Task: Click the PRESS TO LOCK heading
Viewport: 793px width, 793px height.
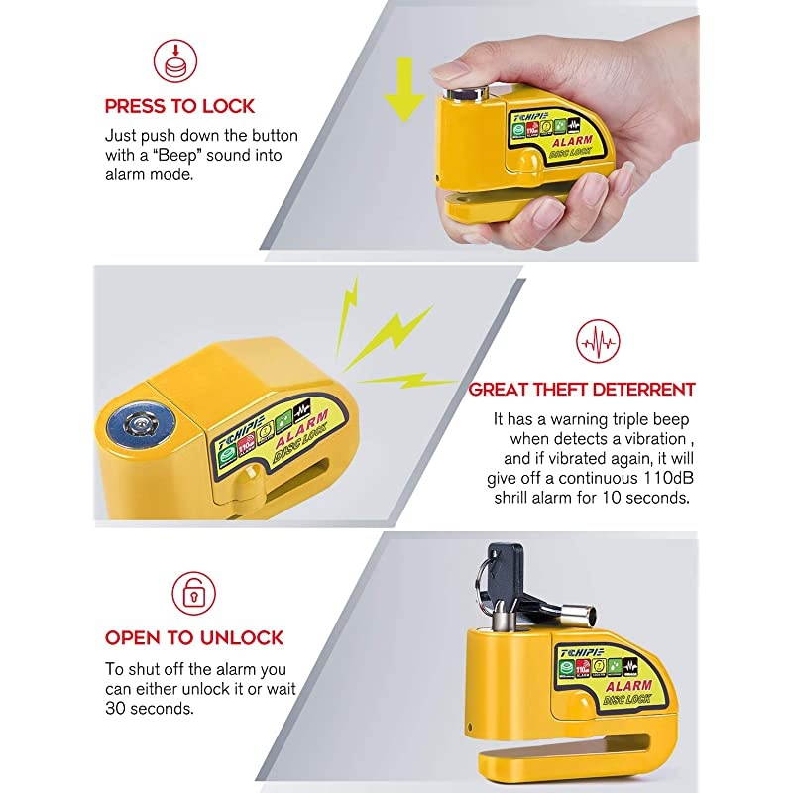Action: tap(179, 106)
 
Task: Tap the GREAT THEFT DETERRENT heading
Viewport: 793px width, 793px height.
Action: tap(582, 390)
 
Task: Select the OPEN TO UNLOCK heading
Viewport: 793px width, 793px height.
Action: tap(194, 637)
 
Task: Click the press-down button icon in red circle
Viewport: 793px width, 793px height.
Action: tap(174, 60)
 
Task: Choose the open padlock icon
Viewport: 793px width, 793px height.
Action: tap(194, 593)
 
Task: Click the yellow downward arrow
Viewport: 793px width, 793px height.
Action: tap(403, 89)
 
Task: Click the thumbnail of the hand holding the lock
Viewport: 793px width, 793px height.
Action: tap(555, 129)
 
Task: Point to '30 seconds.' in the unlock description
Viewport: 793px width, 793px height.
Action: tap(150, 710)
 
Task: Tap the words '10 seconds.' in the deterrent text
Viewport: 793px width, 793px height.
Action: tap(646, 497)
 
